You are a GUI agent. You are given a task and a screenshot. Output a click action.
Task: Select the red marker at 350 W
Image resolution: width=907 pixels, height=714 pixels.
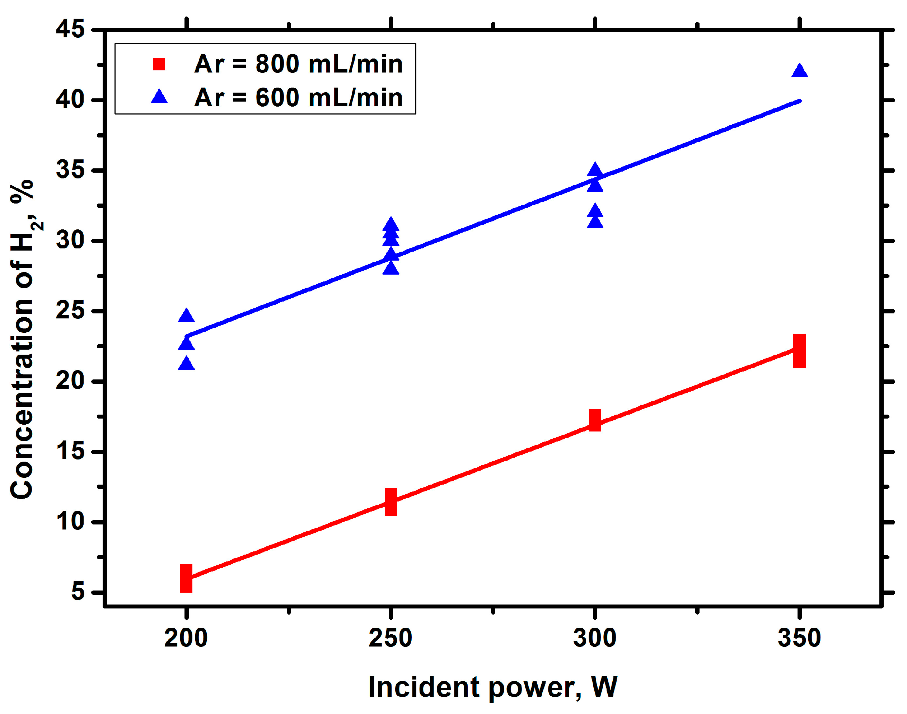click(799, 351)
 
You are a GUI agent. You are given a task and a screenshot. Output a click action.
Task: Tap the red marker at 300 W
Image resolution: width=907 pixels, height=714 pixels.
click(595, 420)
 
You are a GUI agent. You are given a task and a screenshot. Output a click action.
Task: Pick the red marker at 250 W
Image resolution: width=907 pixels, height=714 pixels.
click(391, 501)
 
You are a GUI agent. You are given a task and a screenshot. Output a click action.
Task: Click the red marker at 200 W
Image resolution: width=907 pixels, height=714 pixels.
click(186, 579)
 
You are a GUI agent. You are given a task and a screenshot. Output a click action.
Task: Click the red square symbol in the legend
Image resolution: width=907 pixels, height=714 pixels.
click(159, 64)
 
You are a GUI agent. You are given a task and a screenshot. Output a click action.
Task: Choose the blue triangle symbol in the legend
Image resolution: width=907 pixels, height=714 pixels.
click(159, 97)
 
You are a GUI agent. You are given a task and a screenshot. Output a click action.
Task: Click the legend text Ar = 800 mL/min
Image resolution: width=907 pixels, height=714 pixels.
click(298, 64)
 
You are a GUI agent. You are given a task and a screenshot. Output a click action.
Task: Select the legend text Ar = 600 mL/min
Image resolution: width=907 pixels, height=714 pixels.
click(298, 97)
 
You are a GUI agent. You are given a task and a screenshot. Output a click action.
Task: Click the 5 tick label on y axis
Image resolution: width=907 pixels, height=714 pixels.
click(77, 592)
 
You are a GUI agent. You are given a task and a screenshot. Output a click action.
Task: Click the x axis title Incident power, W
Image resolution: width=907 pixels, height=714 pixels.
click(492, 687)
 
